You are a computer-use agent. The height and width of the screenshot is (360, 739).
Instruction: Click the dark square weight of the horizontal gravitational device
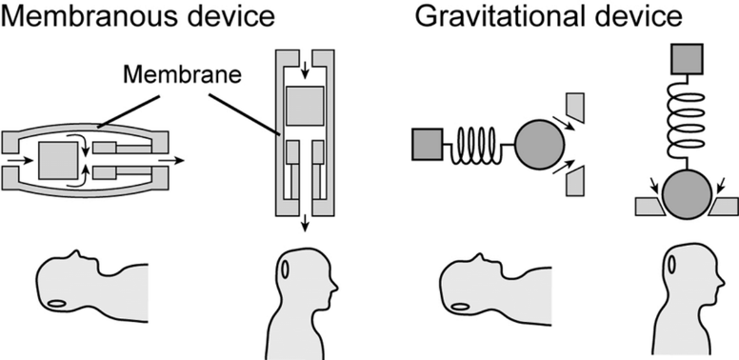click(425, 146)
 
